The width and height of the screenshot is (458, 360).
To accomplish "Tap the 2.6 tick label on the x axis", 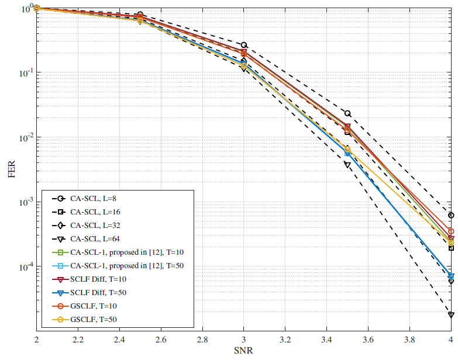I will point(160,340).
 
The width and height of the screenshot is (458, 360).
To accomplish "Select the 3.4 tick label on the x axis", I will point(326,340).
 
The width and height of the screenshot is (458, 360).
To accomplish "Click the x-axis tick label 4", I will point(450,340).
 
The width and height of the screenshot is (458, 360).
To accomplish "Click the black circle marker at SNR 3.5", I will point(347,113).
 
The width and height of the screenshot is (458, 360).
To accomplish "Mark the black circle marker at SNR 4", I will point(451,215).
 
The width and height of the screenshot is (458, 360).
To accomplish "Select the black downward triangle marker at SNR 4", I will point(451,315).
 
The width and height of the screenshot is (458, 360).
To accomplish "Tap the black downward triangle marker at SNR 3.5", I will point(347,165).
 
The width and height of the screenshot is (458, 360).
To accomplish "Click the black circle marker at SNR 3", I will point(244,45).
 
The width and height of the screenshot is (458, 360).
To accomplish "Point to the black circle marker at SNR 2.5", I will point(140,14).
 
